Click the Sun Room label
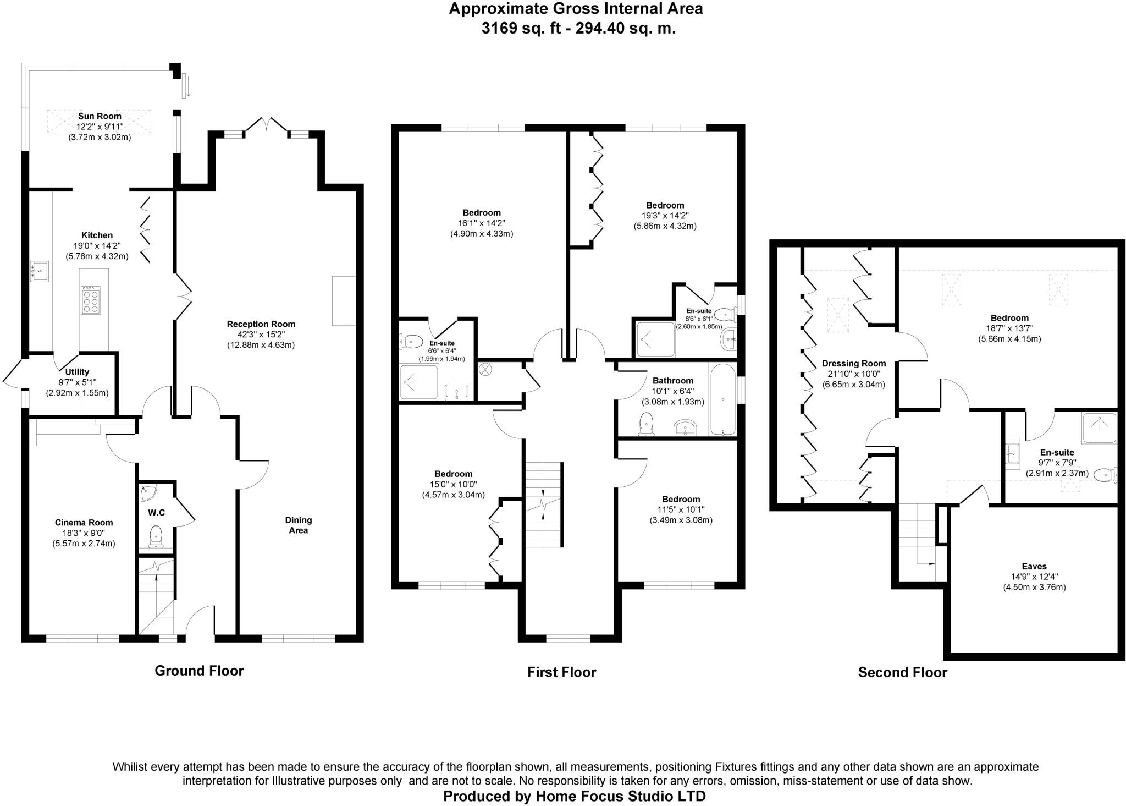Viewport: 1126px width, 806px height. click(100, 116)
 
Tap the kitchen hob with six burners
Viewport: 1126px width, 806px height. click(91, 300)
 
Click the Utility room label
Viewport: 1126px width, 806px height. click(77, 372)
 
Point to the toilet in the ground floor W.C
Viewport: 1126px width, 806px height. click(156, 536)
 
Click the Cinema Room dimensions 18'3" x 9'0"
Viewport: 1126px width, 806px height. click(84, 533)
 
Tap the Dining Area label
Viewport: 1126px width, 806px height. click(299, 525)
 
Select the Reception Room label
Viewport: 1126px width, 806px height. click(261, 324)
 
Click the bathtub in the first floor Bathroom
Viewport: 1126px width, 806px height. click(722, 399)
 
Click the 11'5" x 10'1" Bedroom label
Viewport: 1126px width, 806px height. click(681, 500)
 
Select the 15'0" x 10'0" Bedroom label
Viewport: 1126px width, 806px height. click(453, 474)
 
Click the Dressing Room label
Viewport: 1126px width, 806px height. click(854, 363)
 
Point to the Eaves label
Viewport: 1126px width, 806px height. click(1034, 566)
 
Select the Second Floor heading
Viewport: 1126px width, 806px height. click(902, 672)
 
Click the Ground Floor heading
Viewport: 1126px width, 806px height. click(199, 671)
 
